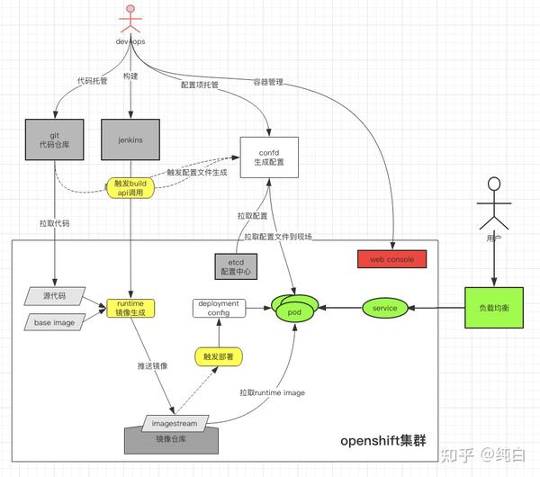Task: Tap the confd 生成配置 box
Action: tap(268, 155)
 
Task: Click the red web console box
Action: tap(391, 260)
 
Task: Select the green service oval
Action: tap(384, 309)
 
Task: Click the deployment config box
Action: tap(219, 309)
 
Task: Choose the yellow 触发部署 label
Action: tap(220, 356)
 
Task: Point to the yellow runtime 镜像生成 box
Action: tap(131, 309)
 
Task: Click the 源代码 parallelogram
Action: tap(53, 295)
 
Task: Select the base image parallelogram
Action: tap(53, 321)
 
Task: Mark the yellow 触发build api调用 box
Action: tap(131, 187)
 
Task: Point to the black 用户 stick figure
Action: tap(492, 205)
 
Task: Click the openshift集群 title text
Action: tap(383, 440)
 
